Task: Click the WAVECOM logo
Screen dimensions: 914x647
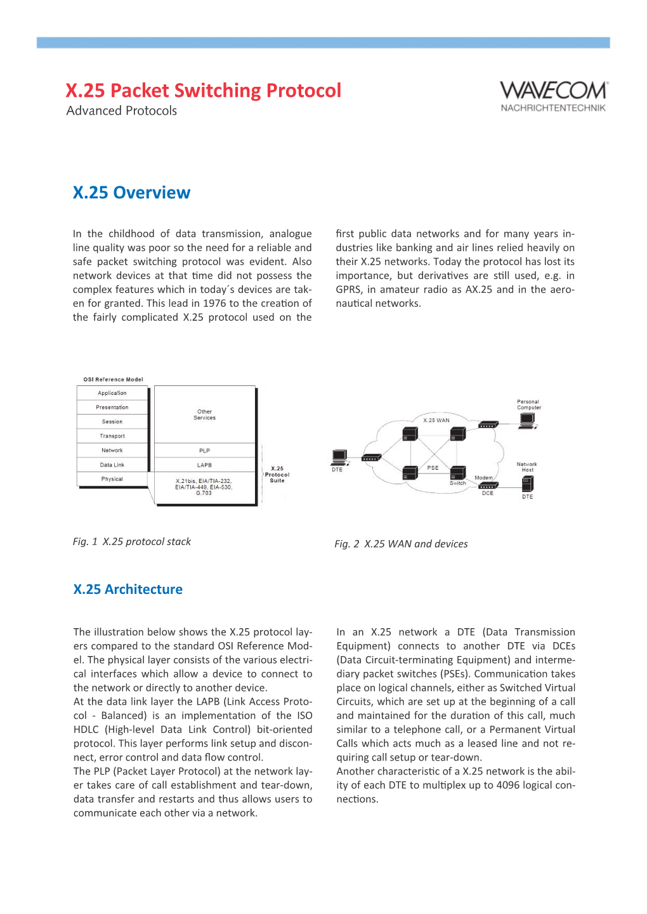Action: pos(553,96)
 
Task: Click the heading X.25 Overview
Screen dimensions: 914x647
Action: pos(131,193)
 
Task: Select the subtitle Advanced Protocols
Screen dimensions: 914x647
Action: pos(122,111)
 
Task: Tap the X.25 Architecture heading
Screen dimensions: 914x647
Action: pos(127,589)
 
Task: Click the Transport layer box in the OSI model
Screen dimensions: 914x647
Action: pos(112,436)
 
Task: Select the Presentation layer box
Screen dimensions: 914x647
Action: pos(112,408)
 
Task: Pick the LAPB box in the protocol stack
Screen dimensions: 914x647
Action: pos(204,465)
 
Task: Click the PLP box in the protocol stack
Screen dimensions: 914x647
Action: pos(204,451)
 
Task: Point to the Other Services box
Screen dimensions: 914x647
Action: pos(204,415)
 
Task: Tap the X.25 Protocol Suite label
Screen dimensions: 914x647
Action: pos(277,475)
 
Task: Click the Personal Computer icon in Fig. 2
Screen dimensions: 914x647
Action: pos(526,421)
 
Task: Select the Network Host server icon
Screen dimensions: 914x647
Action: pos(528,484)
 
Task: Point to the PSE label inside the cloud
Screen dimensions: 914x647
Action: pos(433,468)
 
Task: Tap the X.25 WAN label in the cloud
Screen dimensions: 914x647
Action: pos(436,420)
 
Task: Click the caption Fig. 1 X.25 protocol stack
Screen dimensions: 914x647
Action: pos(132,542)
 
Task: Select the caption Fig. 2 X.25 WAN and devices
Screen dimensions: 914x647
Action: pos(401,544)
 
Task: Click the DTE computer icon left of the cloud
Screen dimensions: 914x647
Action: pos(339,456)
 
